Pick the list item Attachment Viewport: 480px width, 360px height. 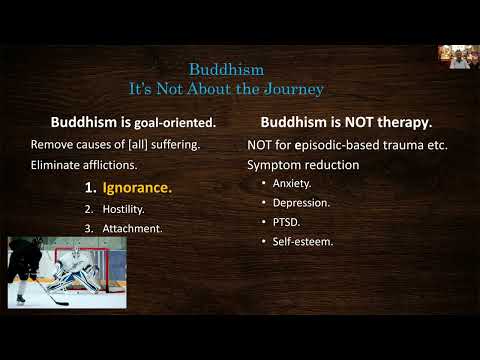tap(136, 228)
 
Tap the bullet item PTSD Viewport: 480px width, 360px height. tap(287, 221)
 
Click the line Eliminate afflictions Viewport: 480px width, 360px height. tap(83, 164)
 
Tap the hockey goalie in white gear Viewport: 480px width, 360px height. tap(75, 270)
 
